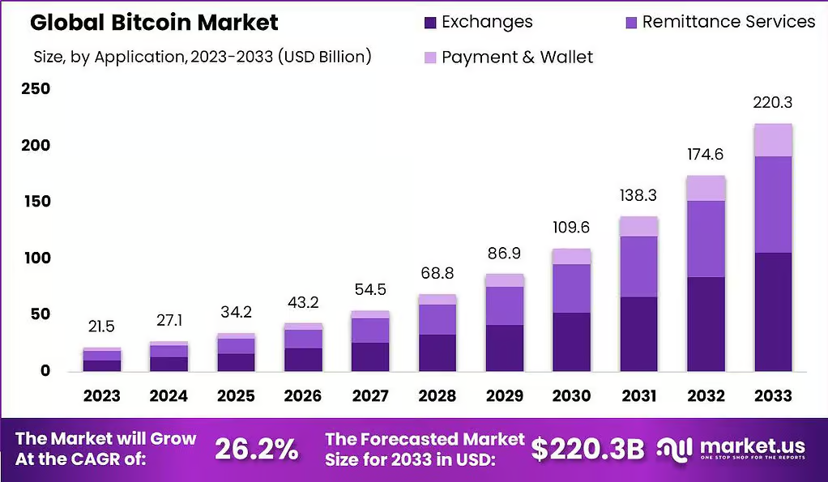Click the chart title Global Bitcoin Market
[x=154, y=22]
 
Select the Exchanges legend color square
[x=430, y=23]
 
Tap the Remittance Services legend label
[x=728, y=22]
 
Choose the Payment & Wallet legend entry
[x=509, y=57]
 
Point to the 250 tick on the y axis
[x=36, y=88]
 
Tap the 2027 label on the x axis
[x=370, y=395]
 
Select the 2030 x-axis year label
[x=571, y=395]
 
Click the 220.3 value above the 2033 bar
[x=773, y=102]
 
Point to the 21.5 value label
[x=101, y=326]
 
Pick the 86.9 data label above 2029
[x=504, y=254]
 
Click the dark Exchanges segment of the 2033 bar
[x=773, y=312]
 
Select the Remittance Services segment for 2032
[x=706, y=239]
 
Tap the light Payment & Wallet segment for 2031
[x=639, y=227]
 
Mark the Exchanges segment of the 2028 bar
[x=437, y=352]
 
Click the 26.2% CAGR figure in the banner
[x=257, y=450]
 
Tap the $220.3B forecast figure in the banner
[x=587, y=450]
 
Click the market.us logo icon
[x=674, y=450]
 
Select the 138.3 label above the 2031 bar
[x=638, y=196]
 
